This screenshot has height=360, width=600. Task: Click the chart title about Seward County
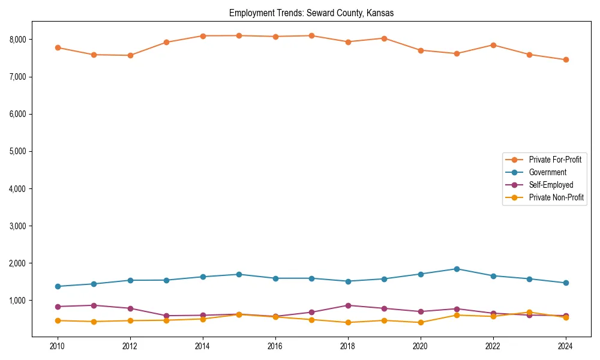click(311, 13)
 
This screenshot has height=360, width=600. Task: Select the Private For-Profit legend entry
click(555, 160)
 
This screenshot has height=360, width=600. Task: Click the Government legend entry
click(547, 172)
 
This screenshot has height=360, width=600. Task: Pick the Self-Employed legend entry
click(551, 185)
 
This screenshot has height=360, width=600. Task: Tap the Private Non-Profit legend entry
click(556, 197)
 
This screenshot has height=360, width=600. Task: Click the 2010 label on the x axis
click(58, 346)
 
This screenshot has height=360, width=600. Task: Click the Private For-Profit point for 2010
click(58, 47)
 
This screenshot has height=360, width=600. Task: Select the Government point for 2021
click(457, 269)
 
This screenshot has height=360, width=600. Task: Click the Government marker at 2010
click(58, 286)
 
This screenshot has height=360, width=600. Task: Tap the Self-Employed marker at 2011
click(94, 305)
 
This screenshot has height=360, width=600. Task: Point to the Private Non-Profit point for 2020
click(421, 322)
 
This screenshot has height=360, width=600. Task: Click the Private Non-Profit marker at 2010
click(58, 320)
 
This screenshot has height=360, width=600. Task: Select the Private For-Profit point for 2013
click(167, 42)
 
